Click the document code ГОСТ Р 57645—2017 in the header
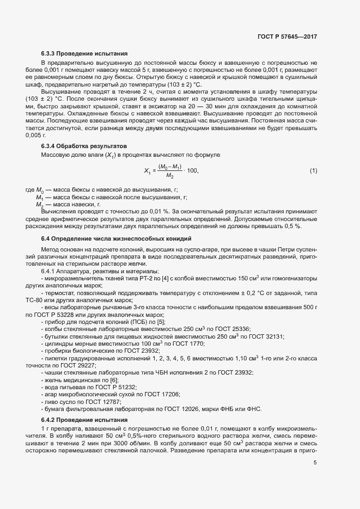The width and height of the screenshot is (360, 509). coord(287,37)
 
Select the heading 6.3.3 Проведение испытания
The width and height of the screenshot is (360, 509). coord(84,54)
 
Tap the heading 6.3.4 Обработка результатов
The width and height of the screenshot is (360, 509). coord(84,146)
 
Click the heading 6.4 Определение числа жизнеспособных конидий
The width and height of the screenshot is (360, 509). coord(116,239)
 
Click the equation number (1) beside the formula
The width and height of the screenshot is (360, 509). coord(313,171)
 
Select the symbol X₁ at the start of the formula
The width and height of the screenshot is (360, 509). coord(147,171)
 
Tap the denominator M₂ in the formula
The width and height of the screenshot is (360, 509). coord(169,176)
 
